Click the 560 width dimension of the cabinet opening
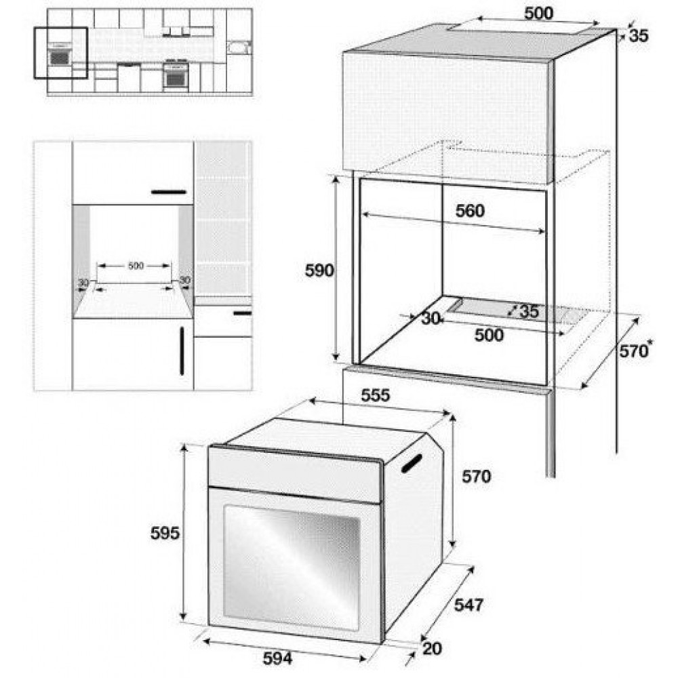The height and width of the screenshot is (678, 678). (470, 211)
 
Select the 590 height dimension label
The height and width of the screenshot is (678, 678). (319, 271)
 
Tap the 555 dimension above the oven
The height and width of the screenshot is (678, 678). (376, 395)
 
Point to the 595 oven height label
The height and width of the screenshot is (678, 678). (165, 533)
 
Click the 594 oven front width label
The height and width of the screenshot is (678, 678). (277, 658)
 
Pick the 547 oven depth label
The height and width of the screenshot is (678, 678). (468, 605)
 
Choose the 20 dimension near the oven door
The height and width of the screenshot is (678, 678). (431, 649)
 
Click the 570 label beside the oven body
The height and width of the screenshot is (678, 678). (476, 477)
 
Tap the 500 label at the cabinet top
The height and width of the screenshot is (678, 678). (538, 14)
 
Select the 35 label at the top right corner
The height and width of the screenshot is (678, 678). (639, 36)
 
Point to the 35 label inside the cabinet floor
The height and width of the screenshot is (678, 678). (529, 311)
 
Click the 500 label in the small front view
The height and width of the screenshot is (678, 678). (136, 266)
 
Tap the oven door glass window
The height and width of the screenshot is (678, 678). (291, 567)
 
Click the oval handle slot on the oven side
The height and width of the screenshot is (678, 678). (412, 463)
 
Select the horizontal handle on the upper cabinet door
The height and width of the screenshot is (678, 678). (169, 192)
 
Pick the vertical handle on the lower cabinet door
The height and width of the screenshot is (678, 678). (182, 351)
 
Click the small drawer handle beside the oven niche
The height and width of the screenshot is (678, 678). (242, 313)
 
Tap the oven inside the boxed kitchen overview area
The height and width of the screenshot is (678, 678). (60, 57)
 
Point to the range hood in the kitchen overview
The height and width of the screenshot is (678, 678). (176, 32)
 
